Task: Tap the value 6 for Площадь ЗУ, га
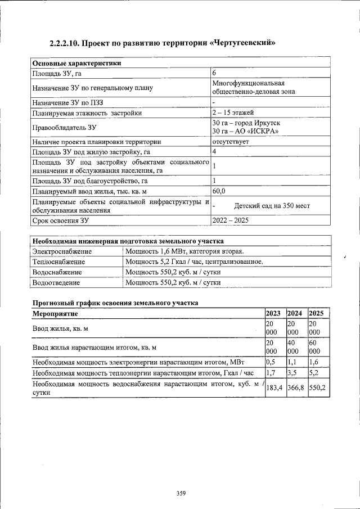pyautogui.click(x=214, y=73)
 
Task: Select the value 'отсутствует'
pyautogui.click(x=231, y=142)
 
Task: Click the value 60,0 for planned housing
pyautogui.click(x=219, y=191)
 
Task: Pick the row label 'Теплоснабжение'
pyautogui.click(x=58, y=262)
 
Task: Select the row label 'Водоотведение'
pyautogui.click(x=56, y=282)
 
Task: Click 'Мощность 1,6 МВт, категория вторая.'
pyautogui.click(x=184, y=251)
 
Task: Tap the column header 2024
pyautogui.click(x=294, y=313)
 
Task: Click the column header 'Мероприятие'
pyautogui.click(x=55, y=313)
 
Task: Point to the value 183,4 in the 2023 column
pyautogui.click(x=274, y=388)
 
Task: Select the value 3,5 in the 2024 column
pyautogui.click(x=292, y=372)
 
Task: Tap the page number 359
pyautogui.click(x=181, y=494)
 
